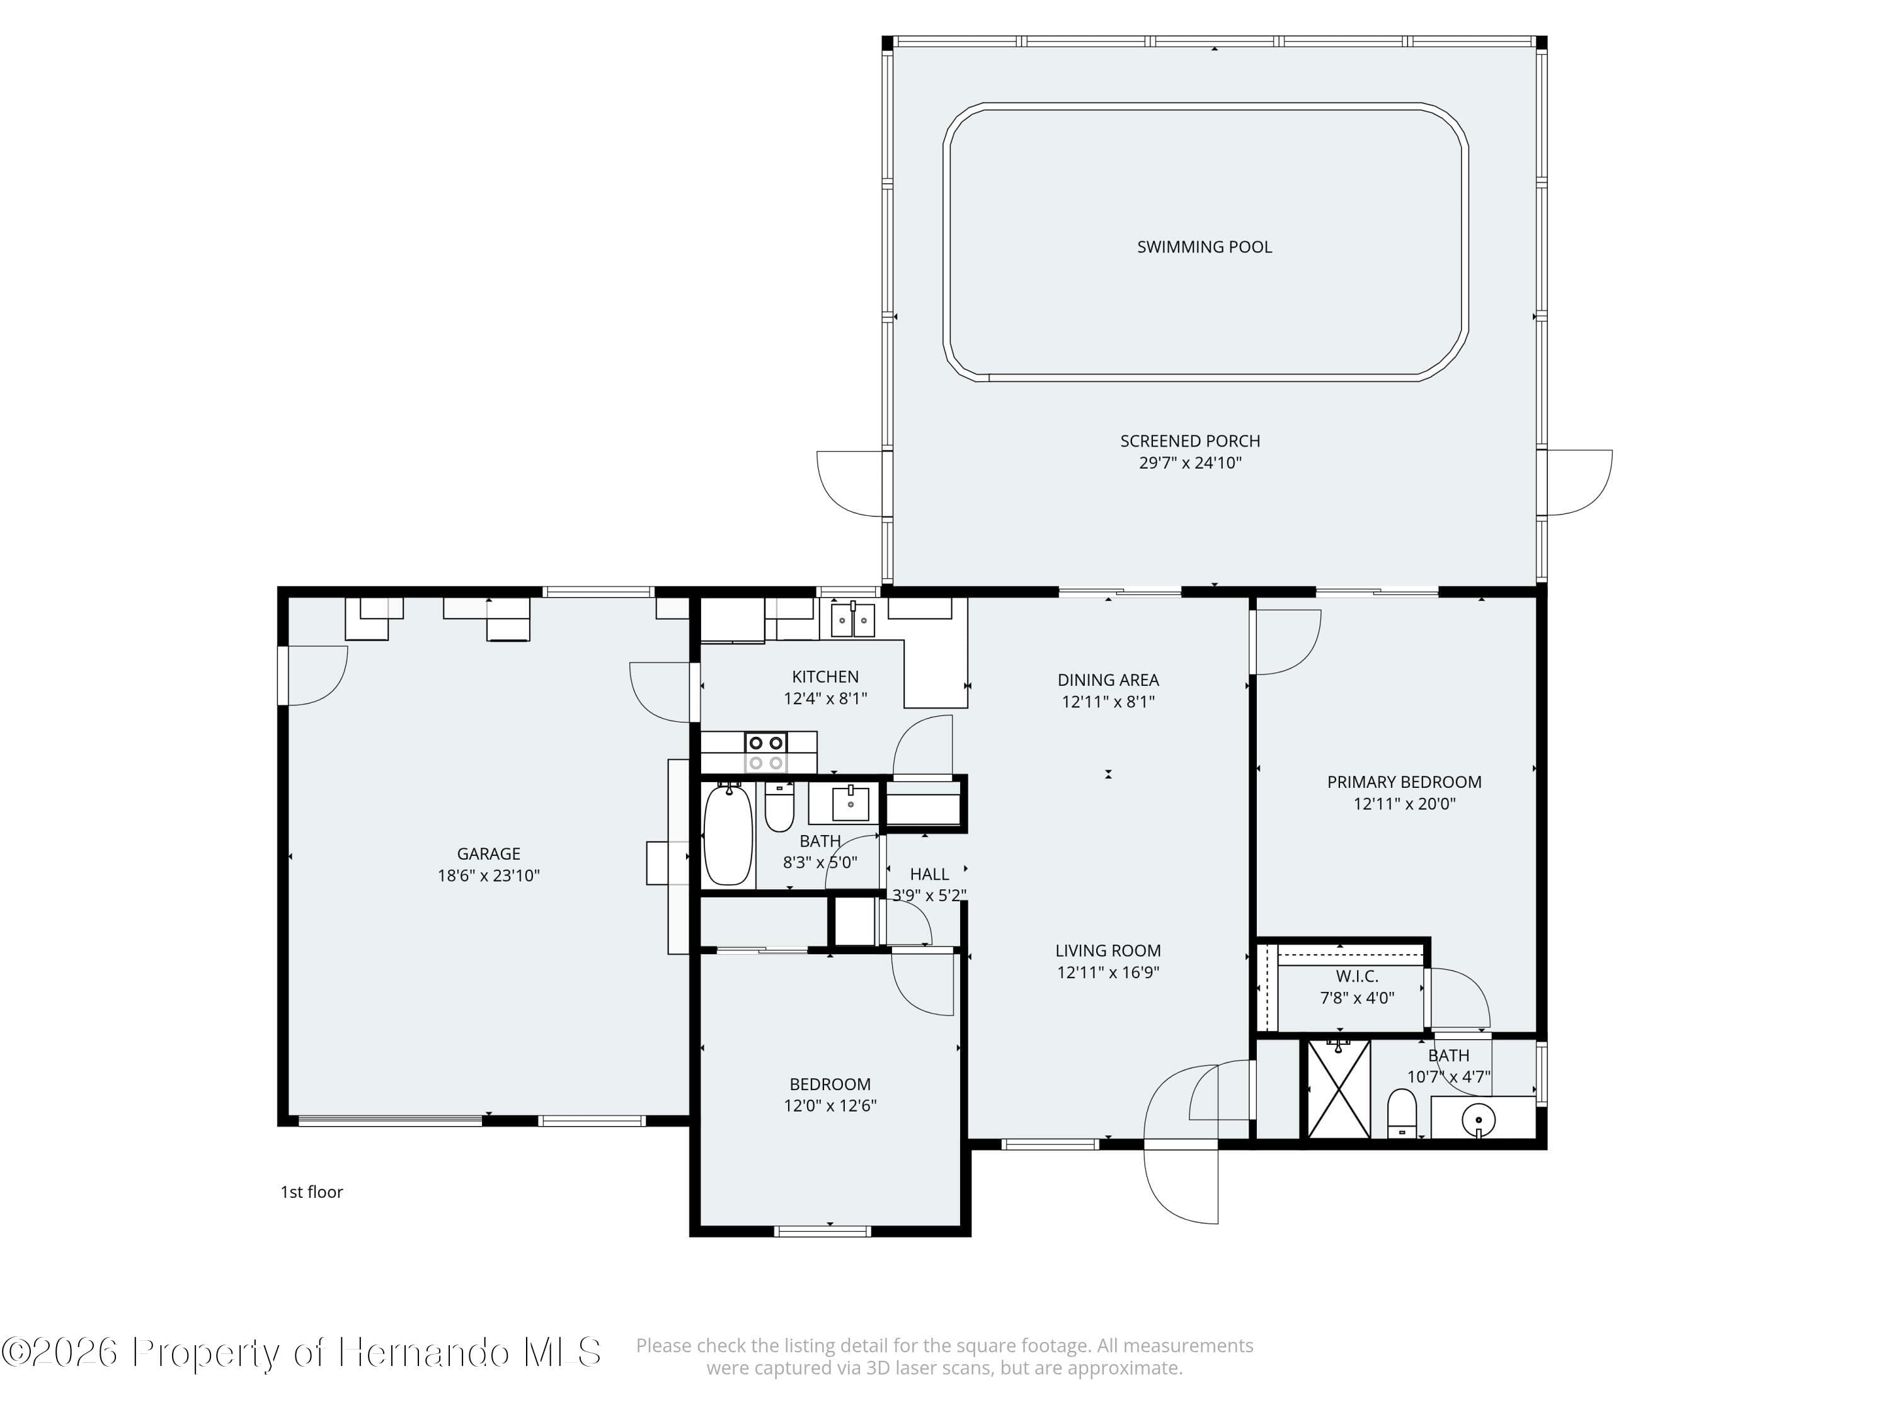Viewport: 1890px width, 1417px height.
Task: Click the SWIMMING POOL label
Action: (1204, 247)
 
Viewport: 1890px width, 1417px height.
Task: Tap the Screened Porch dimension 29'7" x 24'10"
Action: (1189, 463)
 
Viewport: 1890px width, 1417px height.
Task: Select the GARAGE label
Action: (488, 853)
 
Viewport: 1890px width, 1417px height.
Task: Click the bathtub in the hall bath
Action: (728, 834)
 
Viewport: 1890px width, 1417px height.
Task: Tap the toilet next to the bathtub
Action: (779, 807)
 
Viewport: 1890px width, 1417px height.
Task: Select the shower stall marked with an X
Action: (1339, 1088)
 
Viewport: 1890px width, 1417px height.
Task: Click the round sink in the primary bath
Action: (1478, 1118)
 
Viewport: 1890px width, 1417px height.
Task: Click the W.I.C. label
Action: (1357, 976)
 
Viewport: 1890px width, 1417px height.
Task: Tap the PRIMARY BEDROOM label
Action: (1404, 782)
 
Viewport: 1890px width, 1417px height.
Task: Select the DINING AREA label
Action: (1108, 680)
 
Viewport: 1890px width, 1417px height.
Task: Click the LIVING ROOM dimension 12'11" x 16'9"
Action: (1108, 972)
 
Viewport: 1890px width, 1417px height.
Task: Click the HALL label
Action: (929, 874)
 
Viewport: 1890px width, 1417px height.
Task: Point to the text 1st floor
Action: (311, 1192)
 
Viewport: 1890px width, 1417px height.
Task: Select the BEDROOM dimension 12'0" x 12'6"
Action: (830, 1105)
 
